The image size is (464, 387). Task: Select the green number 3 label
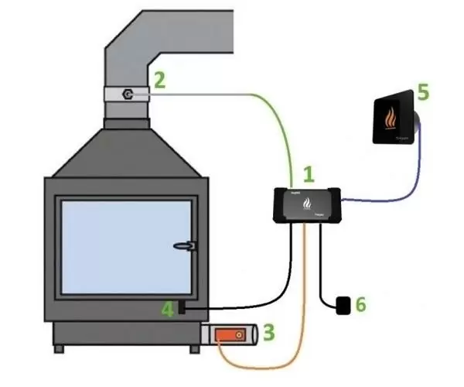[x=268, y=334]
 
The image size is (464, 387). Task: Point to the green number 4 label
[x=168, y=310]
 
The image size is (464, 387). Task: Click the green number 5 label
[x=423, y=92]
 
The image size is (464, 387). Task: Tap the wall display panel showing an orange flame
[x=395, y=119]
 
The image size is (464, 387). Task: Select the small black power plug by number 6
[x=341, y=305]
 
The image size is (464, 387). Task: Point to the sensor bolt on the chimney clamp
[x=128, y=95]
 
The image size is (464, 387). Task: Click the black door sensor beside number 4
[x=183, y=308]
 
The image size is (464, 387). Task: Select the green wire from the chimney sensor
[x=263, y=108]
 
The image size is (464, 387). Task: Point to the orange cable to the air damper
[x=298, y=310]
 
